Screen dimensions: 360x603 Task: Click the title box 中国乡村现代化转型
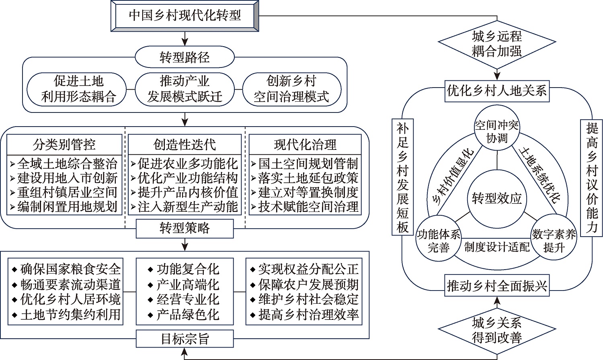click(x=185, y=16)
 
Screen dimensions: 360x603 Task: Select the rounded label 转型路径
click(x=185, y=57)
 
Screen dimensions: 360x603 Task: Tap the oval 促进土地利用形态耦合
click(x=78, y=89)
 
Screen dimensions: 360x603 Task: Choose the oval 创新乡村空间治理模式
click(x=291, y=89)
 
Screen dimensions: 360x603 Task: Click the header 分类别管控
click(x=64, y=144)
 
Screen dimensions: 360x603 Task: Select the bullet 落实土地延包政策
click(x=308, y=178)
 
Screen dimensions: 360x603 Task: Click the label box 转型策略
click(x=185, y=228)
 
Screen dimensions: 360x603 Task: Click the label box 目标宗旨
click(x=185, y=339)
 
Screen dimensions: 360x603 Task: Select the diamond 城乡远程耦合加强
click(x=497, y=43)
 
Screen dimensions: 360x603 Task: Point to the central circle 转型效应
click(x=497, y=198)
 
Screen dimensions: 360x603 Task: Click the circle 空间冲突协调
click(x=497, y=131)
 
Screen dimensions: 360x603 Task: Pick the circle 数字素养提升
click(x=554, y=240)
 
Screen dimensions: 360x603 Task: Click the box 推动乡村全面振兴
click(x=497, y=286)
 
